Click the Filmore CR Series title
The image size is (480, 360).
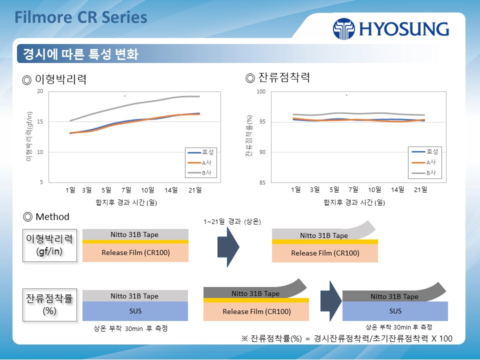click(x=81, y=17)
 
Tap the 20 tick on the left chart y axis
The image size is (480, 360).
click(x=40, y=91)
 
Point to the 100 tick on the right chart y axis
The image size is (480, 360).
click(x=260, y=92)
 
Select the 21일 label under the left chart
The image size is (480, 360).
click(x=195, y=190)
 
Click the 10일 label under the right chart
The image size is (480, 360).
click(x=374, y=190)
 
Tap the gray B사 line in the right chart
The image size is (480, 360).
click(x=350, y=114)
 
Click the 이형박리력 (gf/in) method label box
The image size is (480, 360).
click(x=49, y=245)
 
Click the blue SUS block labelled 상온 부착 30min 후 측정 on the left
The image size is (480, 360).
click(x=135, y=311)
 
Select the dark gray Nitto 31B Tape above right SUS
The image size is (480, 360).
click(x=394, y=296)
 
